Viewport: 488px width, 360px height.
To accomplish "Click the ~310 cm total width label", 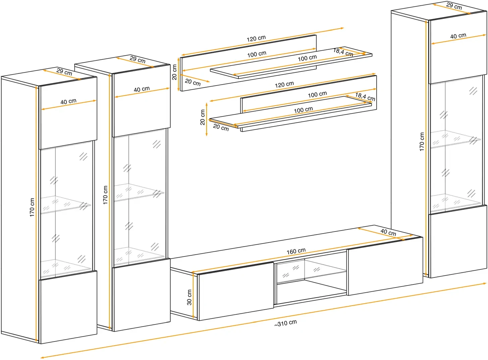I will pos(285,323).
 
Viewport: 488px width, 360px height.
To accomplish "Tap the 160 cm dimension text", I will pos(296,251).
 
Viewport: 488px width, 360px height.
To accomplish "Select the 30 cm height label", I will pos(189,297).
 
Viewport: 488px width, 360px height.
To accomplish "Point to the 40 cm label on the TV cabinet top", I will pos(388,232).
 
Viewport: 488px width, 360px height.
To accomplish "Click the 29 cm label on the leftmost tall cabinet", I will pos(64,71).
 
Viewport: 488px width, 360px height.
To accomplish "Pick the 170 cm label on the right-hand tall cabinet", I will pos(422,142).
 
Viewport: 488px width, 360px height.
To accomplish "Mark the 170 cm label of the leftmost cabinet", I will pos(32,207).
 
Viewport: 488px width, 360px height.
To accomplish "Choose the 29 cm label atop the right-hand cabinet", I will pos(454,6).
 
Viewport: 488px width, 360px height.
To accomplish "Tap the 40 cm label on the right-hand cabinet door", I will pos(458,36).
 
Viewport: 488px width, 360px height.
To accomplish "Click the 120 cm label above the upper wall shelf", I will pos(256,39).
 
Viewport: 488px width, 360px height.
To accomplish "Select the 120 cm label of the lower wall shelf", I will pos(284,85).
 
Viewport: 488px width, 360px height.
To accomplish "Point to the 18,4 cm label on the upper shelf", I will pos(343,52).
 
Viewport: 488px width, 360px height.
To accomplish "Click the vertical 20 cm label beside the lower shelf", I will pos(203,117).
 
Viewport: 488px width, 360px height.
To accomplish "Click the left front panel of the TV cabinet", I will pos(235,291).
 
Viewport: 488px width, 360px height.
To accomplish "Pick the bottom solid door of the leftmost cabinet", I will pos(68,307).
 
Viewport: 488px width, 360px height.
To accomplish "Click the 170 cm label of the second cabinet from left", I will pos(105,195).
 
